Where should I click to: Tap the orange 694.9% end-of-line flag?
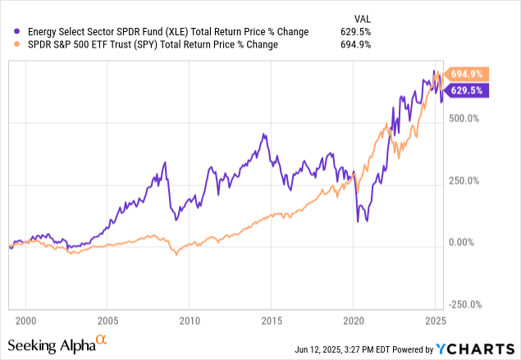click(x=468, y=74)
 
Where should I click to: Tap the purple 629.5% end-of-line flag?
click(x=468, y=90)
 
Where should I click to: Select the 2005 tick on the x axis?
click(x=107, y=321)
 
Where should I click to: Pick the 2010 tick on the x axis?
click(x=190, y=321)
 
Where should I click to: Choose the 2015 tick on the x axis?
click(x=272, y=321)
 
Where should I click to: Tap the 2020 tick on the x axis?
click(x=354, y=321)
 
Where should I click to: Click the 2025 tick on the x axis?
click(x=435, y=321)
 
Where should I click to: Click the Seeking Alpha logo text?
click(x=56, y=344)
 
